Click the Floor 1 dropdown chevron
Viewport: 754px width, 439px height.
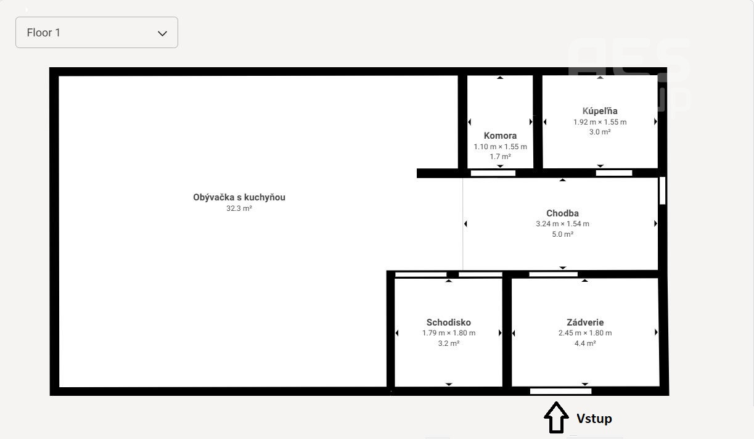[162, 33]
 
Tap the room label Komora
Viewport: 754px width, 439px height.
[500, 136]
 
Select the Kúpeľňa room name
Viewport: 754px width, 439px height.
[600, 111]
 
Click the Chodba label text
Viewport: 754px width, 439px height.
[562, 213]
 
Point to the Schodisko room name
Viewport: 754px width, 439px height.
[449, 322]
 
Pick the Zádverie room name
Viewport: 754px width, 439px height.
[585, 322]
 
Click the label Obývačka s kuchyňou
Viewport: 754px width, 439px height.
[239, 197]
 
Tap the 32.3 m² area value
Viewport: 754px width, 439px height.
[239, 208]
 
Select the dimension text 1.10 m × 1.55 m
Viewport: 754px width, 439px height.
[500, 147]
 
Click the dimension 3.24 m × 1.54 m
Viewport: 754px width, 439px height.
[562, 224]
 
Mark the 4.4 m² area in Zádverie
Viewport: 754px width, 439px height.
[585, 343]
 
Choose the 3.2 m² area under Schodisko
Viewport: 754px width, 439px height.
[449, 343]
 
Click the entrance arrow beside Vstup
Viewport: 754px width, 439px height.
[556, 417]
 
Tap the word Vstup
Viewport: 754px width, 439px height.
[594, 419]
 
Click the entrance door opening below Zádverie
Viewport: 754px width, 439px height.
[561, 391]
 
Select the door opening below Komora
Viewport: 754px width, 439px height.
[493, 173]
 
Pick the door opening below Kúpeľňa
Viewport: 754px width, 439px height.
[614, 173]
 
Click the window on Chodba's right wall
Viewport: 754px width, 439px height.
[662, 191]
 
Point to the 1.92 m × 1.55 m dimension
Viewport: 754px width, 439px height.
[600, 122]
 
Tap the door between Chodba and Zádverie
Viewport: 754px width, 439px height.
[554, 274]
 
